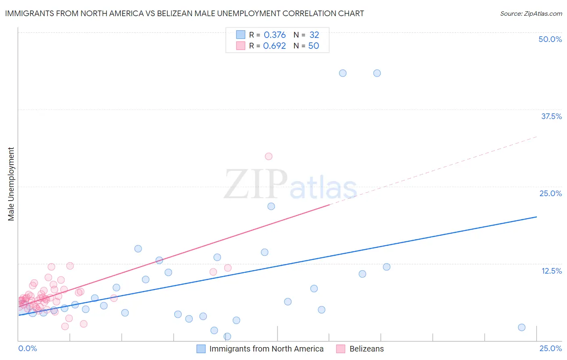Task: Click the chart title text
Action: pos(184,14)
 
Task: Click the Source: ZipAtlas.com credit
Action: pos(531,14)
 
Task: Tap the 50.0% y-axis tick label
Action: pos(550,39)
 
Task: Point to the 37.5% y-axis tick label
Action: pos(551,116)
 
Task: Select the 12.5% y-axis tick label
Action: pos(551,271)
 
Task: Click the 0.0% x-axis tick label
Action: pos(27,348)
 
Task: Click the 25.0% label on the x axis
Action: pos(550,348)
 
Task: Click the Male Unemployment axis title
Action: pos(11,184)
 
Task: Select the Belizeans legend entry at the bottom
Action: pos(366,349)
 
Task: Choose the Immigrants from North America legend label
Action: pos(266,349)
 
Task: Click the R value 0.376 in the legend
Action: pos(275,35)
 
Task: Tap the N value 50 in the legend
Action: pos(313,46)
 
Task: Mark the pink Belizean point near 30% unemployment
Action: pos(269,156)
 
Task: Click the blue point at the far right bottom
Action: pos(521,327)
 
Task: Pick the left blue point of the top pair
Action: pos(343,73)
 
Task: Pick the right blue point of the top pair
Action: pos(377,73)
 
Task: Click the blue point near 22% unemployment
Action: pos(271,206)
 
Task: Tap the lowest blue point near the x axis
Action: pos(227,336)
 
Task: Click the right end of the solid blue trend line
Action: pos(536,217)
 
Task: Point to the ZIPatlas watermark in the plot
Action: pos(290,185)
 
